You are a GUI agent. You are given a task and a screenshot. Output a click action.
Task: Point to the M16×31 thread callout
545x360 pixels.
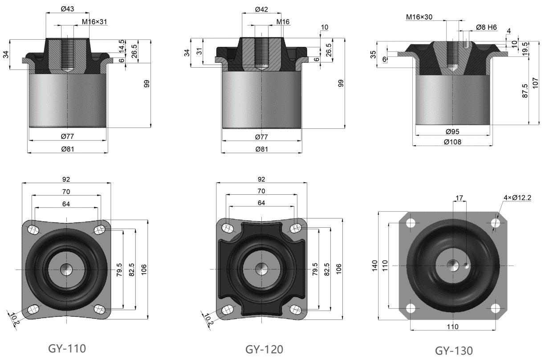coord(95,22)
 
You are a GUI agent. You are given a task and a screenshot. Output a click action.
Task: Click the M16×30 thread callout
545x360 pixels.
coord(419,17)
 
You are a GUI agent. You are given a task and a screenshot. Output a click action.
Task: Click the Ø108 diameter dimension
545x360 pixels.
coord(452,142)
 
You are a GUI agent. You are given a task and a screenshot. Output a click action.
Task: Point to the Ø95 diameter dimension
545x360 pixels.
coord(452,131)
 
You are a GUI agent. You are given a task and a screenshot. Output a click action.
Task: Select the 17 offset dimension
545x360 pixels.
coord(460,197)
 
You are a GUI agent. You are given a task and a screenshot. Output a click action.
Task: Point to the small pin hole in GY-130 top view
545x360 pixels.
coord(466,267)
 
